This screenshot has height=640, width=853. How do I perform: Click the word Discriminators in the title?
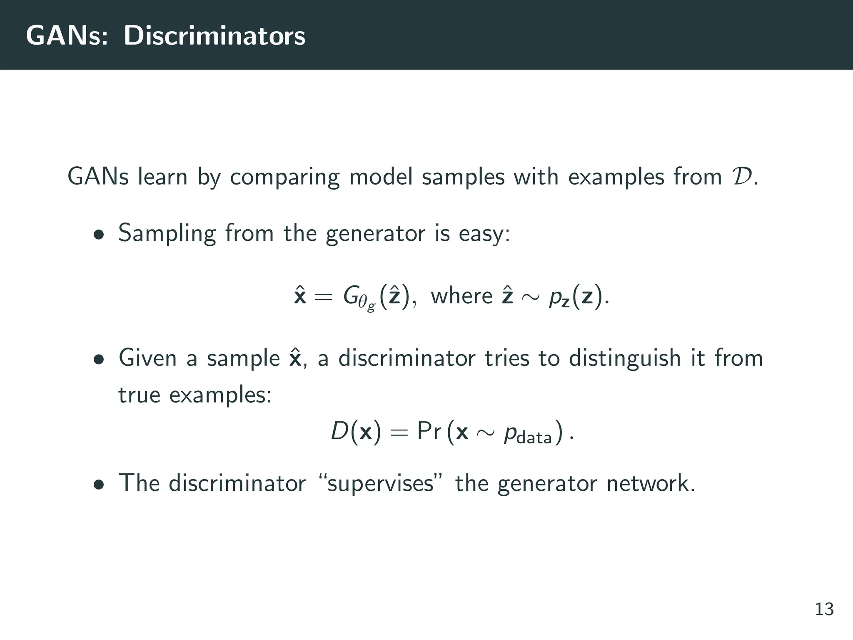click(x=214, y=36)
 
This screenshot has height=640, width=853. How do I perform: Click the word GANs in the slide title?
click(x=67, y=36)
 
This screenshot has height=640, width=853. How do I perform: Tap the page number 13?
click(x=824, y=610)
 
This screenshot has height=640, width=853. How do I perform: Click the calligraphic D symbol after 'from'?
click(x=741, y=177)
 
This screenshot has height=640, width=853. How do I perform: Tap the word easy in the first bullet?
click(x=484, y=233)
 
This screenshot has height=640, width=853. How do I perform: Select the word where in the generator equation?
click(x=461, y=296)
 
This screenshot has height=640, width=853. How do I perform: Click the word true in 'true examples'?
click(x=139, y=395)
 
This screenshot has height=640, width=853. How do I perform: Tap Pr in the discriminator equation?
click(x=429, y=432)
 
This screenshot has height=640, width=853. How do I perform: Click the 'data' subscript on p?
click(x=534, y=438)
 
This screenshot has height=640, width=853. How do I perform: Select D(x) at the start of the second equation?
click(x=356, y=432)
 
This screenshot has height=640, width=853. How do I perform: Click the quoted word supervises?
click(x=380, y=484)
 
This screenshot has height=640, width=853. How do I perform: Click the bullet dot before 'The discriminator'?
click(x=99, y=485)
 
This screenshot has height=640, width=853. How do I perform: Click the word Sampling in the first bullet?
click(x=167, y=233)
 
